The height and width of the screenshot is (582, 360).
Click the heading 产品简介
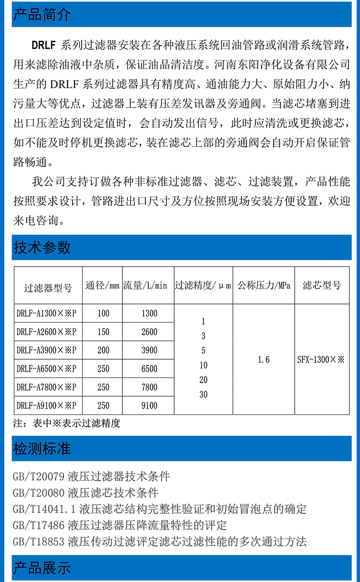pyautogui.click(x=42, y=14)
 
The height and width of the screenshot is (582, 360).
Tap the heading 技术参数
pyautogui.click(x=42, y=247)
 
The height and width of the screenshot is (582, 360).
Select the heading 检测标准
pyautogui.click(x=42, y=449)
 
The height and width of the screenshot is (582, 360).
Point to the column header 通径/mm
pyautogui.click(x=102, y=286)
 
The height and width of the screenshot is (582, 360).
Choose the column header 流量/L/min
pyautogui.click(x=148, y=286)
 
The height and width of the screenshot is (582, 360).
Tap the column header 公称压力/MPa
pyautogui.click(x=264, y=286)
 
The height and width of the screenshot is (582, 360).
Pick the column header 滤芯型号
pyautogui.click(x=322, y=286)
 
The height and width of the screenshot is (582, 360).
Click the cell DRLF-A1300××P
pyautogui.click(x=47, y=314)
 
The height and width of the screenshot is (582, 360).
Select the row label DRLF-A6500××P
pyautogui.click(x=47, y=369)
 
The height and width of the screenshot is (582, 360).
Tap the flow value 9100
pyautogui.click(x=149, y=406)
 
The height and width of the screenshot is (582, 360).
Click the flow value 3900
pyautogui.click(x=149, y=351)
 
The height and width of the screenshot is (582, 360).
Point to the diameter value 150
pyautogui.click(x=103, y=332)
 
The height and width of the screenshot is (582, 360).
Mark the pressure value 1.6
pyautogui.click(x=264, y=360)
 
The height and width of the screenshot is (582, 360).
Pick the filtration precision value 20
pyautogui.click(x=204, y=380)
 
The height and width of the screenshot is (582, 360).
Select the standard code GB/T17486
pyautogui.click(x=38, y=525)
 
